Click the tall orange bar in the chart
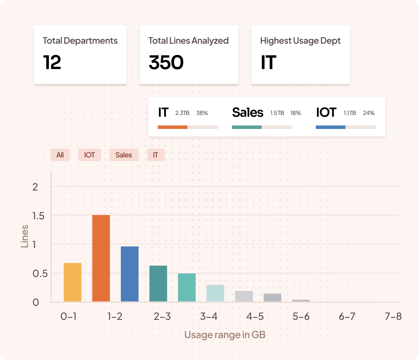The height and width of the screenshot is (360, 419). click(x=101, y=258)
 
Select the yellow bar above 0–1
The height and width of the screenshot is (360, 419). click(x=72, y=282)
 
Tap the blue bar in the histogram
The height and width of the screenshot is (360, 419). click(x=129, y=274)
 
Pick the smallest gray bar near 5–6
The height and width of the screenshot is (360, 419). click(x=301, y=300)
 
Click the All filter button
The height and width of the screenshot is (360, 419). click(x=60, y=155)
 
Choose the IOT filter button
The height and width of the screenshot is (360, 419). click(x=90, y=155)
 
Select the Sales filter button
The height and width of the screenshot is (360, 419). click(x=124, y=155)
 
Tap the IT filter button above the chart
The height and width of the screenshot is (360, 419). click(x=156, y=155)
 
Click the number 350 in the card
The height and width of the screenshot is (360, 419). click(x=166, y=63)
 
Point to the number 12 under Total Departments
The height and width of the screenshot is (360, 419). click(x=52, y=63)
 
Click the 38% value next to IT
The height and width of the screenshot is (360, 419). click(x=202, y=113)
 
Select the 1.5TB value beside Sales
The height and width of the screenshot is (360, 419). click(x=277, y=113)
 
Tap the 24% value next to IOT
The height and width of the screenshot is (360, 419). click(x=369, y=113)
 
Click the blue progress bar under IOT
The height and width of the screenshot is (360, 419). click(x=331, y=127)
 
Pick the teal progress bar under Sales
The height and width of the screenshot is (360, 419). click(x=247, y=127)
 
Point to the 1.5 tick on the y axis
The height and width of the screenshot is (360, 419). click(x=38, y=216)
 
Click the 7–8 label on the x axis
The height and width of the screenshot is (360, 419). click(x=393, y=316)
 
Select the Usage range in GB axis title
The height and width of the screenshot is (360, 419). click(x=225, y=335)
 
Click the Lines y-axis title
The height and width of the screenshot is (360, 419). click(x=25, y=236)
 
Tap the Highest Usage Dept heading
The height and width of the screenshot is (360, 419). click(x=300, y=41)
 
